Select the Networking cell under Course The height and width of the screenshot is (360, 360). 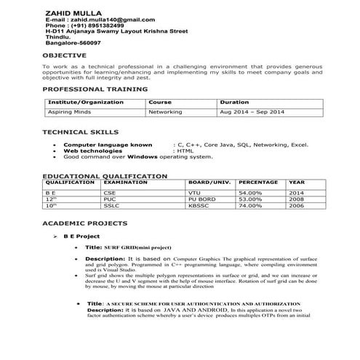(x=166, y=113)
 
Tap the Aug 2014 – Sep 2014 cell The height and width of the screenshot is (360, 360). (x=252, y=113)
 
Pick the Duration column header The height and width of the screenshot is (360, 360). (x=234, y=103)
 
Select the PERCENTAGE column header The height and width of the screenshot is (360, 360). (x=258, y=182)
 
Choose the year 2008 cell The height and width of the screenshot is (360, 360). (x=295, y=199)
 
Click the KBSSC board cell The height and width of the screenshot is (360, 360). (x=197, y=206)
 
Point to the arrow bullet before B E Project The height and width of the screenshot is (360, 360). (x=55, y=237)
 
